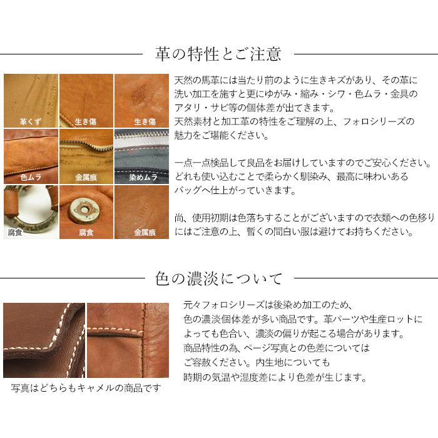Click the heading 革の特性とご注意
coord(218,53)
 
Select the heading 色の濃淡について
coord(218,278)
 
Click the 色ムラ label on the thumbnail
coord(31,177)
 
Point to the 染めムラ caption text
coord(141,177)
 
